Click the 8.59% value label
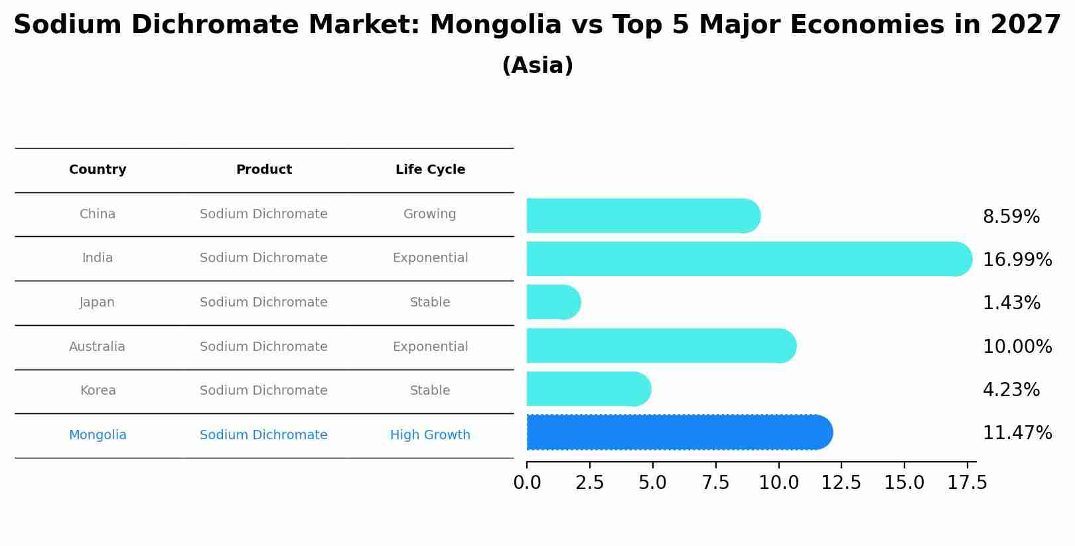pos(1011,217)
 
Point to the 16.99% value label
pos(1017,260)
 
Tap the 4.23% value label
pos(1011,390)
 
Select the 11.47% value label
pos(1017,433)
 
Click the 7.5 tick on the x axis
pos(715,483)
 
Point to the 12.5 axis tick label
pos(841,483)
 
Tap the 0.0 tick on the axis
pos(527,483)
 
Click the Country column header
pos(98,170)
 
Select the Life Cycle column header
pos(430,170)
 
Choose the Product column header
pos(263,170)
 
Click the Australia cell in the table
pos(97,347)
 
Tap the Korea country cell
pos(98,391)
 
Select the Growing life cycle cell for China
pos(429,214)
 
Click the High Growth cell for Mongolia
pos(430,435)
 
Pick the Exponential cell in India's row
pos(430,258)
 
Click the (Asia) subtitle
pos(537,66)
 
